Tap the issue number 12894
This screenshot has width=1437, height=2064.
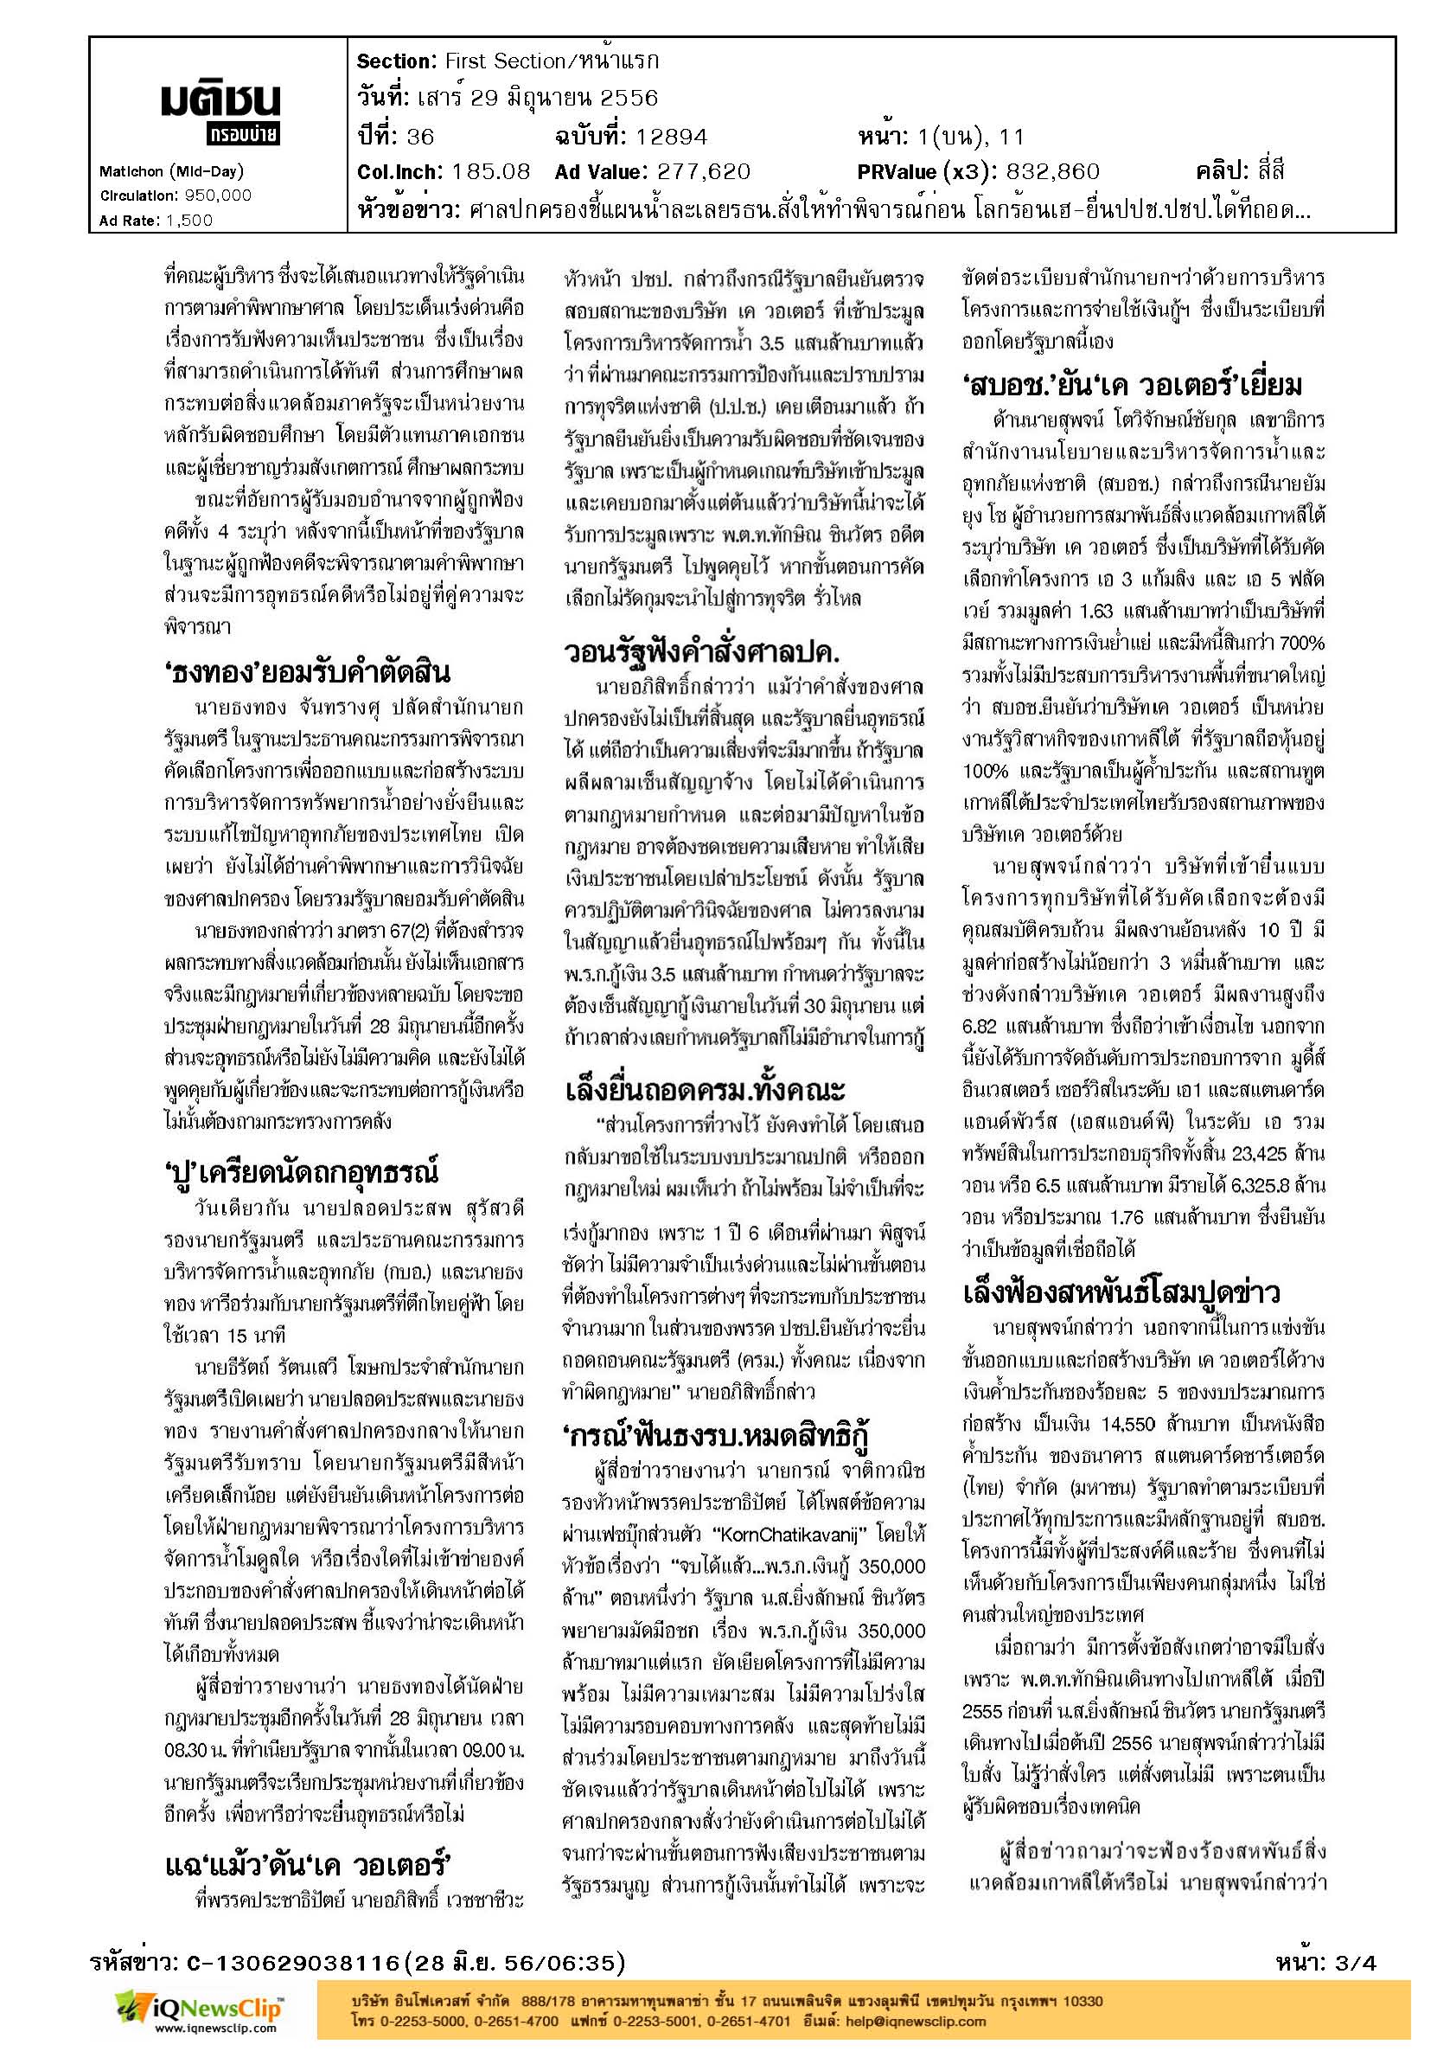pyautogui.click(x=670, y=137)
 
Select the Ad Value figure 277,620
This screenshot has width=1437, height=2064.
pyautogui.click(x=702, y=171)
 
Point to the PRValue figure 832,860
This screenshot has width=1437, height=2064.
pyautogui.click(x=1051, y=171)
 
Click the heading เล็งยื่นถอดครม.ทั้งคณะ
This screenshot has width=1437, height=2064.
pyautogui.click(x=705, y=1092)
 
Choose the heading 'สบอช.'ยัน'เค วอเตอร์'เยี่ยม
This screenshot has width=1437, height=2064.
pyautogui.click(x=1131, y=386)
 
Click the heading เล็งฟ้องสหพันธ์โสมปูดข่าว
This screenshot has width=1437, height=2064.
pyautogui.click(x=1120, y=1293)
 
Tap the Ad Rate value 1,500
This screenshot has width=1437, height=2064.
pyautogui.click(x=189, y=220)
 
